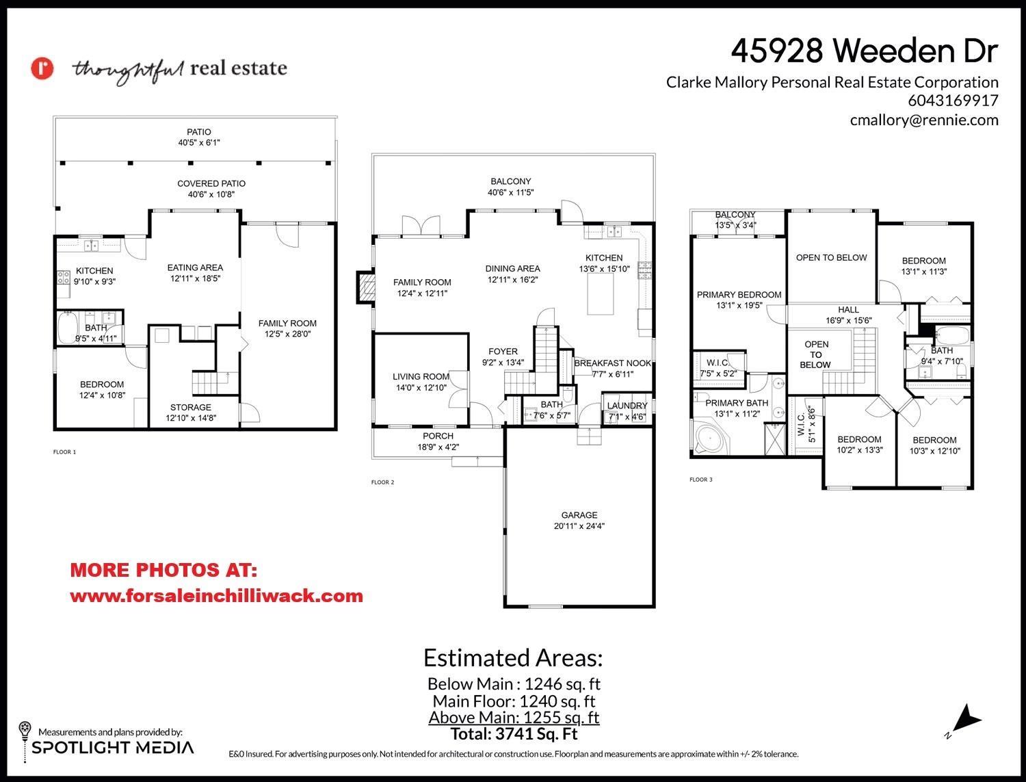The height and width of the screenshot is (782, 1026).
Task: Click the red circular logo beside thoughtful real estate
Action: click(x=42, y=68)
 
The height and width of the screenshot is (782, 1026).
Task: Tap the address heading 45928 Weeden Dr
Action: click(x=865, y=51)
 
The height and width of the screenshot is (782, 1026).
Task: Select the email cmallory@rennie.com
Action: click(x=923, y=120)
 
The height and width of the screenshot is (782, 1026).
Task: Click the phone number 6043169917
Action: click(x=953, y=101)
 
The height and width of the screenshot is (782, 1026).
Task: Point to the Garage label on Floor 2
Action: click(x=579, y=515)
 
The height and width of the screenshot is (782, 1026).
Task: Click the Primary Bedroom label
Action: click(x=739, y=295)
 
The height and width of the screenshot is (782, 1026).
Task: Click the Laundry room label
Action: click(x=627, y=406)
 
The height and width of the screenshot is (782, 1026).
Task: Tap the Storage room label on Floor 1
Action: click(x=190, y=407)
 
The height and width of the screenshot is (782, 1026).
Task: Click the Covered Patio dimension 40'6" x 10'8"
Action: click(x=211, y=194)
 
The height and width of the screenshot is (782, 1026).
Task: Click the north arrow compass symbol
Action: click(x=966, y=721)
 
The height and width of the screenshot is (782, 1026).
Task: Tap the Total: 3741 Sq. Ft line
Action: click(x=514, y=734)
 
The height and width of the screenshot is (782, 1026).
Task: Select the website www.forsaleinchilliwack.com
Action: click(x=216, y=596)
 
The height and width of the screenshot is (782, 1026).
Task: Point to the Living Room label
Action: click(x=421, y=376)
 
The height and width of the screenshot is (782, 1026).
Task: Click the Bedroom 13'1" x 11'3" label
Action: click(x=923, y=261)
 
